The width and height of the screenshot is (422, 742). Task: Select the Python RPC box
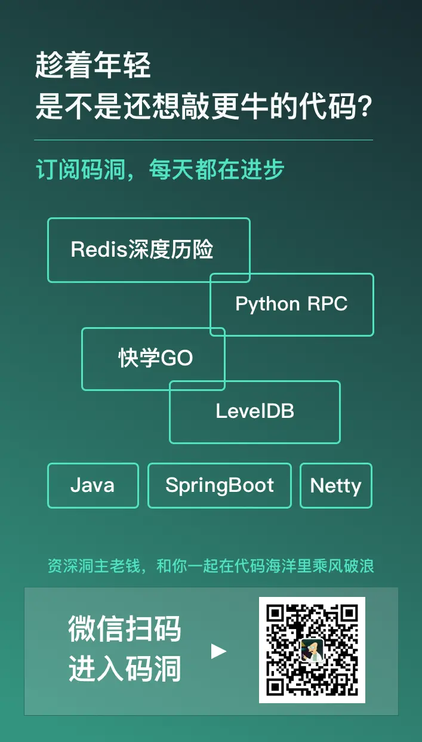291,304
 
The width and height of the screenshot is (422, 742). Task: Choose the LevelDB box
255,411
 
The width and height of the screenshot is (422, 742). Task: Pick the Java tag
93,485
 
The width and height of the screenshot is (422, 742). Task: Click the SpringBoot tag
220,485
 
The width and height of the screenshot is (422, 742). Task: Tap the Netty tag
335,485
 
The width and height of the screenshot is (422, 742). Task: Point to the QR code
312,650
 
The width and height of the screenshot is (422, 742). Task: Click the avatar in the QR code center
312,650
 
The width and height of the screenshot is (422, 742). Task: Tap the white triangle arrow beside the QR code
218,651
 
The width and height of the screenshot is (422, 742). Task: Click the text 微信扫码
125,629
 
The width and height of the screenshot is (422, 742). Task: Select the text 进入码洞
125,669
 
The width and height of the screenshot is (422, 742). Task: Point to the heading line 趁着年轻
93,65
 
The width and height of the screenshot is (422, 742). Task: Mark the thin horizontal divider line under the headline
204,140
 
